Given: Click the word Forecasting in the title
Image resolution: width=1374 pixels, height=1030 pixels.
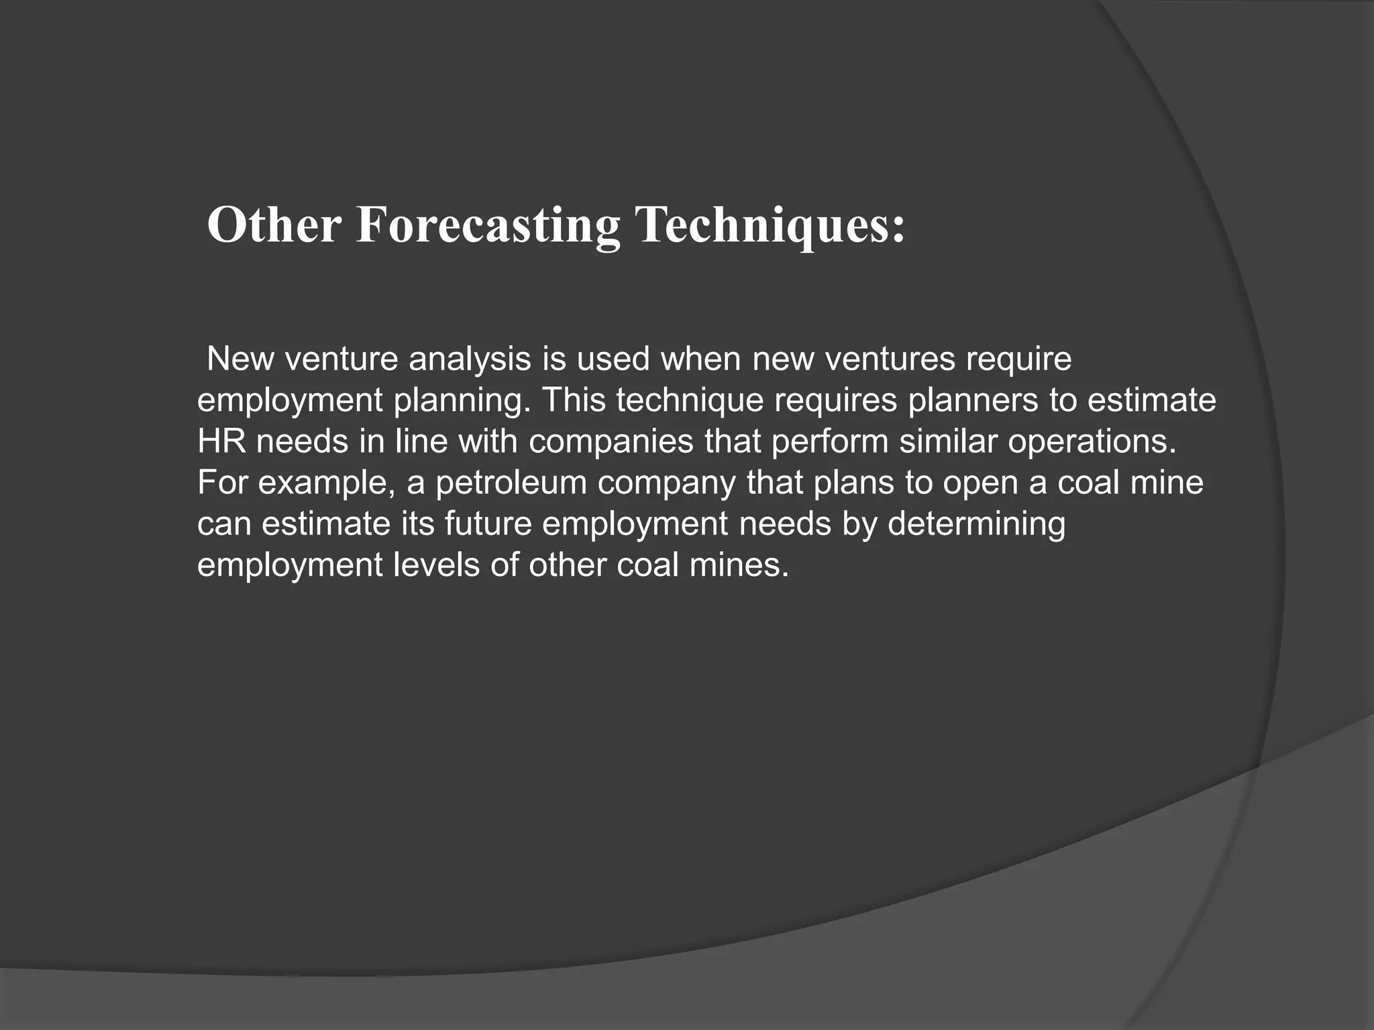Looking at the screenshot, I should point(488,225).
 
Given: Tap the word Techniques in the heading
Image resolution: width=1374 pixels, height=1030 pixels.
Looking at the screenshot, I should point(770,225).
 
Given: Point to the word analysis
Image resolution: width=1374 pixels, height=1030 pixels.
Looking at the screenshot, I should point(470,359).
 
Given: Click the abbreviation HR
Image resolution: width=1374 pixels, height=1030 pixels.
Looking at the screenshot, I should point(221,441).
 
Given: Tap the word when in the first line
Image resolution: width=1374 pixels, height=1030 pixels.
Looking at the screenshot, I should point(700,359).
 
